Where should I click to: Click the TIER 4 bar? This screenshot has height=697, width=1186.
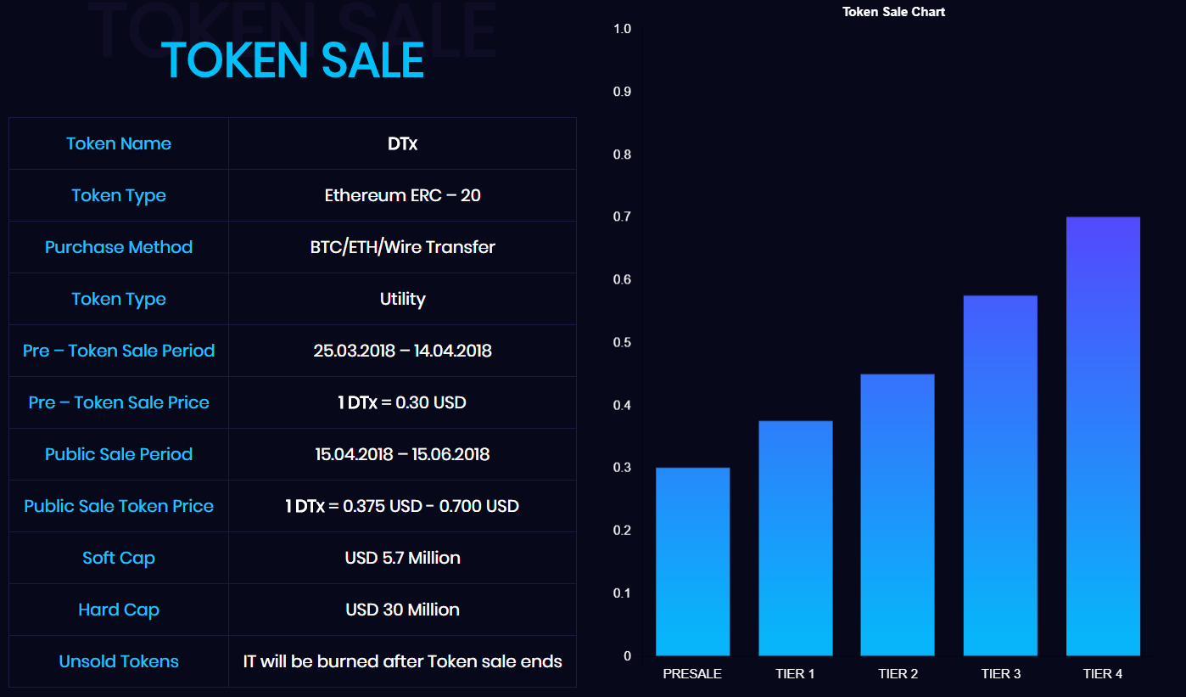pos(1103,436)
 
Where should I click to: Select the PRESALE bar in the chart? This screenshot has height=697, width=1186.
pos(692,561)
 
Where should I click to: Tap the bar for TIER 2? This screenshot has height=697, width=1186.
pos(898,514)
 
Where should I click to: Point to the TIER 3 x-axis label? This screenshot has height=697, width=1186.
pos(1000,674)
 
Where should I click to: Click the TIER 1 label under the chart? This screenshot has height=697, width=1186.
pos(795,674)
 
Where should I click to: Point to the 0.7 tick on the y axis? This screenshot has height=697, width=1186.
pos(622,217)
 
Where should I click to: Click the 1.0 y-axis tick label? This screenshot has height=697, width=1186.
pos(622,29)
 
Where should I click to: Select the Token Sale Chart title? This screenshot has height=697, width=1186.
pos(893,12)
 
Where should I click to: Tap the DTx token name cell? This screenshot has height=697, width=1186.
pos(402,143)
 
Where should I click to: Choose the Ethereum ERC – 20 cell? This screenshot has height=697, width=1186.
pos(402,195)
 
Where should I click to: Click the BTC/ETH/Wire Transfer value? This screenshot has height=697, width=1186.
pos(402,247)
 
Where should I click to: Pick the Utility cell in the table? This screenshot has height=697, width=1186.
pos(402,299)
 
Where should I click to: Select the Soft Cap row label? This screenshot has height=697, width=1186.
pos(119,558)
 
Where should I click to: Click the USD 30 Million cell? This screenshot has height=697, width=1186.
pos(402,610)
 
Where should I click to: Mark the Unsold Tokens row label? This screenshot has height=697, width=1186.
pos(119,661)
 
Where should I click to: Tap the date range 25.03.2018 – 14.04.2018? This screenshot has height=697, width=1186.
pos(402,351)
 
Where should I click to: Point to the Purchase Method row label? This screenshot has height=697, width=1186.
pos(119,247)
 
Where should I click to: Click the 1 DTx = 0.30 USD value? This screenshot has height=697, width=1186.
pos(402,402)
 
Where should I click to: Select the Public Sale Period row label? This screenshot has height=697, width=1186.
pos(119,454)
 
